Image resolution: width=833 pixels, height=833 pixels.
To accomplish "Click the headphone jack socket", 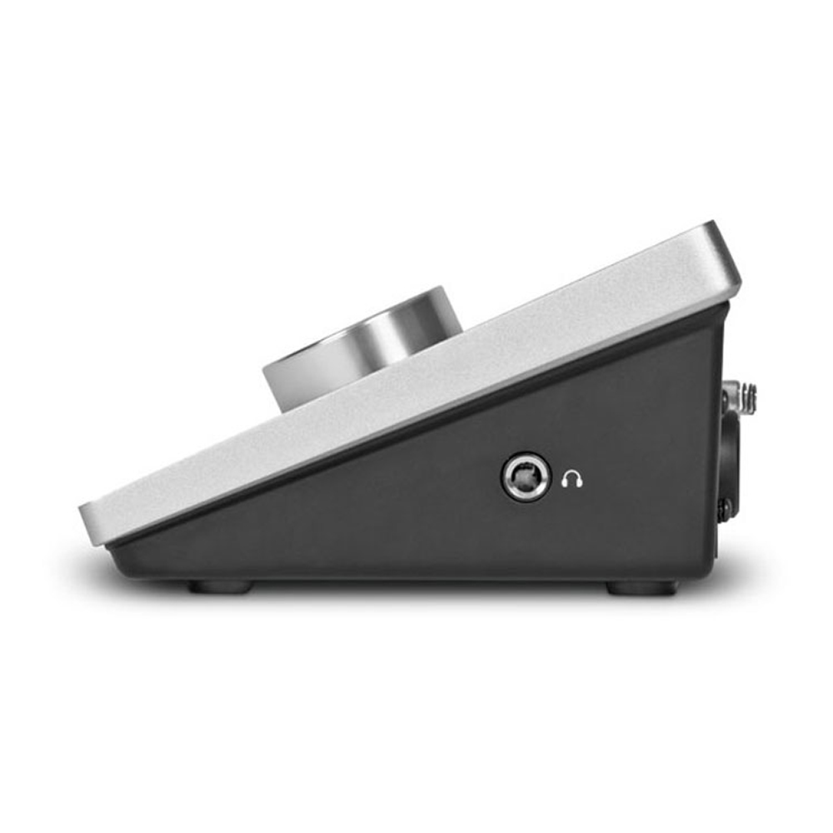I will coord(526,476).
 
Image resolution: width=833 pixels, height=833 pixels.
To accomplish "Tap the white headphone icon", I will coord(572,479).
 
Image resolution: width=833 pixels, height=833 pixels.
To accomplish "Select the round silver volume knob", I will coord(364,350).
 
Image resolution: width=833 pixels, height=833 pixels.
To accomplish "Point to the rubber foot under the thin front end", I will coord(219,587).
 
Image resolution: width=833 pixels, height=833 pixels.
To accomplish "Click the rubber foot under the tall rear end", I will coord(641,588).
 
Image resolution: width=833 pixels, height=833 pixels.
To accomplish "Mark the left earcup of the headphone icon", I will coord(566,482).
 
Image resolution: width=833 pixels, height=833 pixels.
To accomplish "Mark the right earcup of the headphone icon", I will coord(580,482).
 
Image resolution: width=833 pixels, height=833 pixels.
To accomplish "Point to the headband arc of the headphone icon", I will coord(572,473).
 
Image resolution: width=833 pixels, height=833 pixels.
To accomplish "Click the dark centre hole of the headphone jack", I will coord(526,477).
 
